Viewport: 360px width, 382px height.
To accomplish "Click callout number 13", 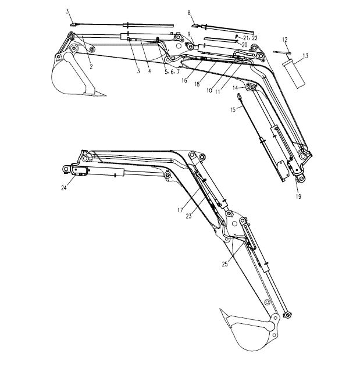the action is pos(305,56).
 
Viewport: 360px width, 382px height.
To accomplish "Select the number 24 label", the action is pos(64,188).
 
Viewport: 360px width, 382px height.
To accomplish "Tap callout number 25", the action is pos(224,264).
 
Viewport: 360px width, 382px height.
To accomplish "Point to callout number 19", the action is pos(298,197).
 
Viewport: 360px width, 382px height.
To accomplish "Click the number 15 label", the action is pos(233,110).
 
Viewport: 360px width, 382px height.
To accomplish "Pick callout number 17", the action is pos(180,210).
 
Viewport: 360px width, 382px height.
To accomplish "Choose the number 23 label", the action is pos(188,216).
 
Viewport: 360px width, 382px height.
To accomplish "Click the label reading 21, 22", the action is pos(250,38).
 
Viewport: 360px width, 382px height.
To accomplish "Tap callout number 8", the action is pos(189,13).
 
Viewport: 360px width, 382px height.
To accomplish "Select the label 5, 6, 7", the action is pos(172,72).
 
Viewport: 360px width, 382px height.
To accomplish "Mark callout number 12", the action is pos(285,40).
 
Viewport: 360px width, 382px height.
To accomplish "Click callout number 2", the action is pos(91,66).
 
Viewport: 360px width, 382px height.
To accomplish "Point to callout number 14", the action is pos(235,88).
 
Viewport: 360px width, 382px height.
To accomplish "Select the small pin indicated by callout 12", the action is pos(282,52).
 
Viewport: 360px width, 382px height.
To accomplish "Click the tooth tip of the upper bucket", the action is pos(106,96).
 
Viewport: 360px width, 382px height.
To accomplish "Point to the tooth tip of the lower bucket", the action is pos(220,309).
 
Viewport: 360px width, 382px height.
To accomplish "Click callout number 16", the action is pos(184,80).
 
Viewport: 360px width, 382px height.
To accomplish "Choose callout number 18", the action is pos(197,84).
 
